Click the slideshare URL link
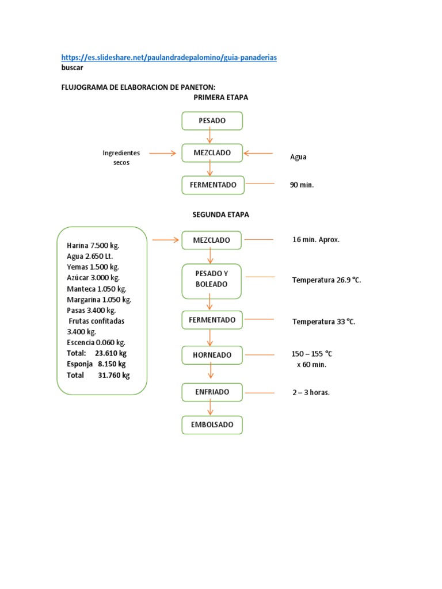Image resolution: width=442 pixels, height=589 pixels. (169, 58)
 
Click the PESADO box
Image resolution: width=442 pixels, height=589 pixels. (212, 121)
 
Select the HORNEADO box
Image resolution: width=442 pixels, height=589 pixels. (212, 355)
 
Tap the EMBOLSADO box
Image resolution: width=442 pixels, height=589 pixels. (212, 425)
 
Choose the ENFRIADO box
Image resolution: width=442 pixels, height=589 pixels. (212, 392)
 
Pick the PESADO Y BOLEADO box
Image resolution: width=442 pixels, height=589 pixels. (212, 280)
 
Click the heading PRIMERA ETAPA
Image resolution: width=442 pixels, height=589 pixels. (221, 98)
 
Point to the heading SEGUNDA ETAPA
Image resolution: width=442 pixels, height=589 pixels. (220, 215)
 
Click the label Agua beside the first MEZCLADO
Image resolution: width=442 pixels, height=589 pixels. (298, 156)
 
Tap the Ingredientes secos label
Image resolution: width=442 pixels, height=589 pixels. (121, 158)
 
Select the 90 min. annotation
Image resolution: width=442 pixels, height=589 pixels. (302, 185)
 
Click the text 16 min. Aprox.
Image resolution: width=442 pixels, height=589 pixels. (316, 239)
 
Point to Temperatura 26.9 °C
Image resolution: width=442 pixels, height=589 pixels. (326, 280)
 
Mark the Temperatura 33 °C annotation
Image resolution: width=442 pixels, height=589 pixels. (323, 322)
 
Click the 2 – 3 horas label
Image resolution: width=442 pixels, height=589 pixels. (311, 393)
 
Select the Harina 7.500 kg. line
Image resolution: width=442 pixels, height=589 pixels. (93, 245)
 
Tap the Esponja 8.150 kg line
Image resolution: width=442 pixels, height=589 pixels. (96, 364)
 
